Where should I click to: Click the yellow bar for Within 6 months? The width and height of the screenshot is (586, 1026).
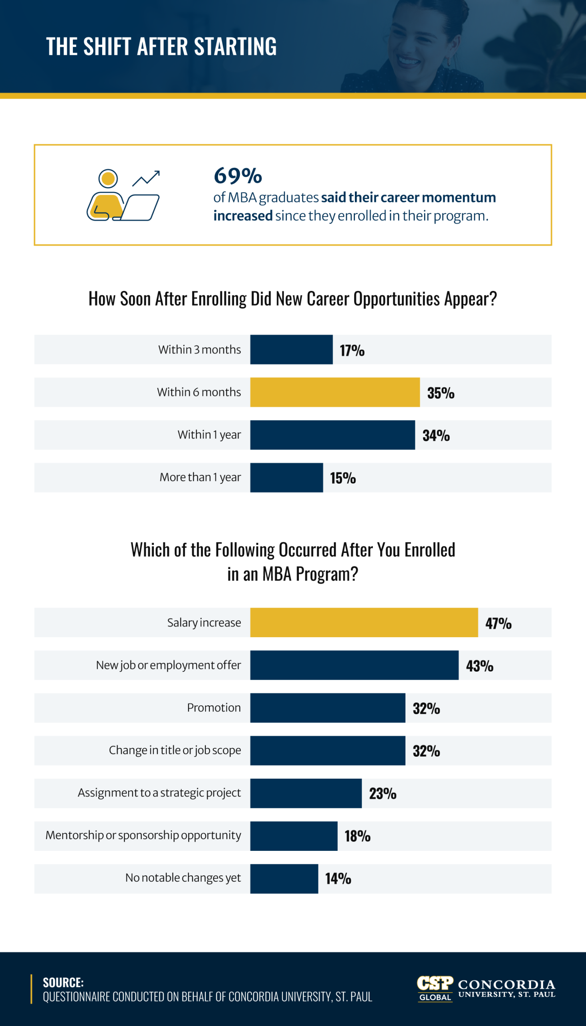click(x=335, y=392)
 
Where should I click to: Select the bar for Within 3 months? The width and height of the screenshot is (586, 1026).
click(x=291, y=349)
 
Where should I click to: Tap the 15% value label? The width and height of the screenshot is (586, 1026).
click(x=343, y=478)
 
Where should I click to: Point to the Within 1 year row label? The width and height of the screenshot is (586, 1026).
click(x=209, y=435)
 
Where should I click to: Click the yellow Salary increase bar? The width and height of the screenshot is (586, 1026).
click(x=364, y=622)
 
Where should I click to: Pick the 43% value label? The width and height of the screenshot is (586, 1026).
click(x=479, y=666)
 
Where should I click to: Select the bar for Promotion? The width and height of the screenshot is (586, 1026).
click(x=328, y=708)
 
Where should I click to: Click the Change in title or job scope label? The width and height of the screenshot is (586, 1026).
click(x=175, y=750)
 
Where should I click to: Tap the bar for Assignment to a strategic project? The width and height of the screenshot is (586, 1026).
click(x=306, y=793)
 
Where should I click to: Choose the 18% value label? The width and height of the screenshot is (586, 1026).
click(x=357, y=836)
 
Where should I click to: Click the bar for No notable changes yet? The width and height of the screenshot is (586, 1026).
click(x=284, y=879)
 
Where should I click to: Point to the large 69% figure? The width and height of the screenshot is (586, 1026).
click(x=238, y=176)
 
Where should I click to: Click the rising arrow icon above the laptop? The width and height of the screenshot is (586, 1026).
click(x=147, y=178)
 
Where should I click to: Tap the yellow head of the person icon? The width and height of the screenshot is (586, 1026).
click(x=108, y=178)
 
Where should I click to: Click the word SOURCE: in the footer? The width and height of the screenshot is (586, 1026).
click(x=63, y=982)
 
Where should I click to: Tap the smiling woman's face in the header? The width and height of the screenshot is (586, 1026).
click(x=419, y=44)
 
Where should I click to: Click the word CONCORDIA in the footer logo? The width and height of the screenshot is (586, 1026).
click(x=506, y=985)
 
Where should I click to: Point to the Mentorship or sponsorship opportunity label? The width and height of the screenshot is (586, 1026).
click(x=143, y=835)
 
